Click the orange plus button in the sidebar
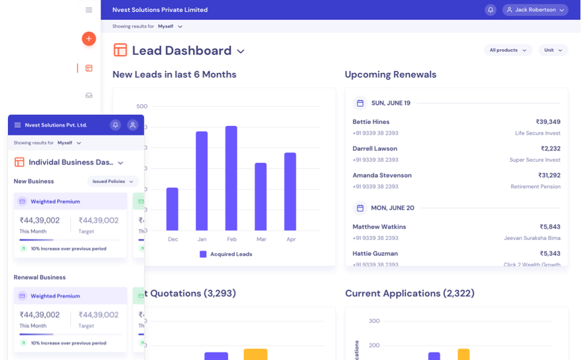click(89, 38)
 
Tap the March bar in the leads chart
click(261, 196)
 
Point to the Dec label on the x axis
click(172, 239)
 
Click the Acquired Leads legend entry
click(226, 254)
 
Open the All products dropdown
click(507, 50)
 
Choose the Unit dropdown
click(553, 50)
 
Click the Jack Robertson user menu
click(535, 10)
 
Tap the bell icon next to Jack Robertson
click(491, 10)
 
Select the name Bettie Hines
click(371, 122)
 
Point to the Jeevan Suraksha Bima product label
click(532, 238)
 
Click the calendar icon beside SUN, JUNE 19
click(360, 103)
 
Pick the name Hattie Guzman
click(375, 254)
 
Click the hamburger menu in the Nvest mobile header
click(17, 125)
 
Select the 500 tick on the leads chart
click(142, 106)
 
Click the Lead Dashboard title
click(181, 50)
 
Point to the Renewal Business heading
click(40, 277)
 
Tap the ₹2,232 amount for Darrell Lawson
click(550, 149)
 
